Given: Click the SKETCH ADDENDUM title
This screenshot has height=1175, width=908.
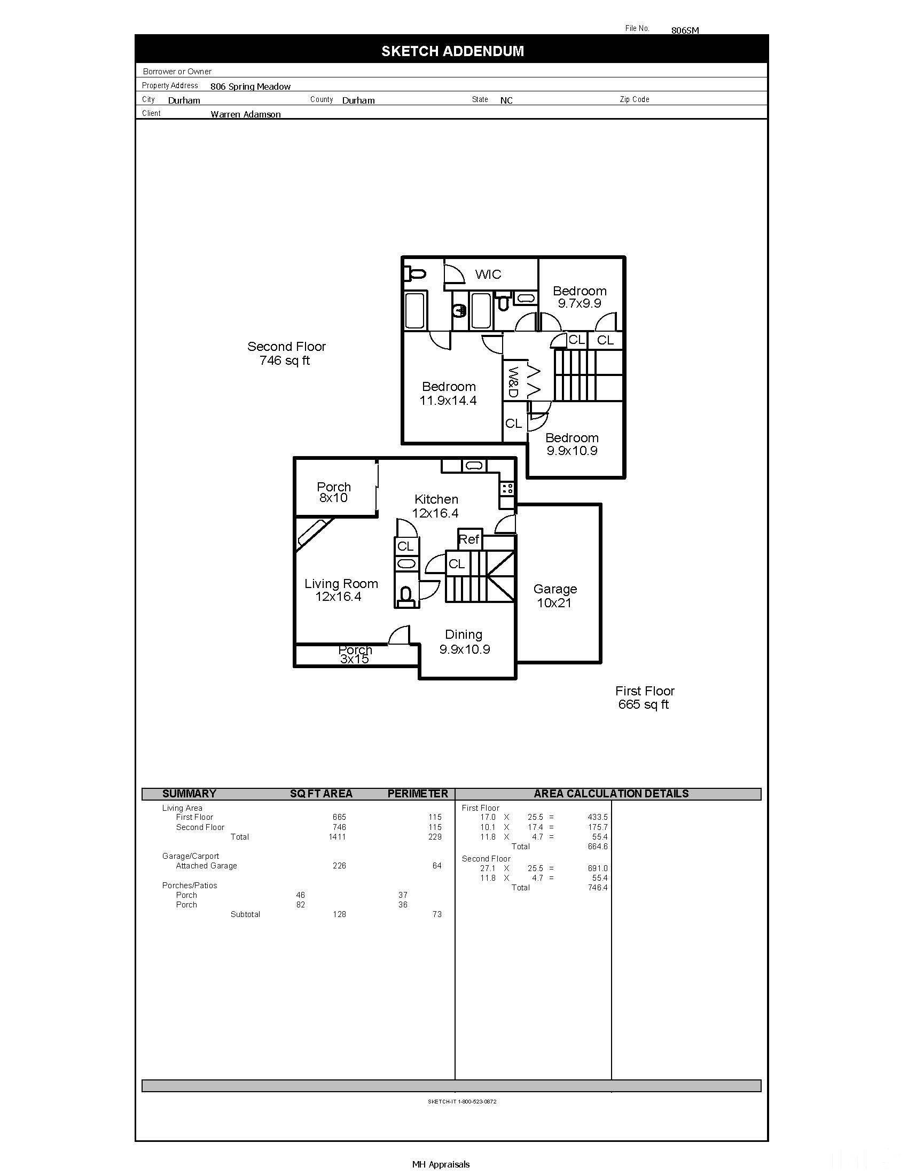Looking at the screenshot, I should [x=452, y=51].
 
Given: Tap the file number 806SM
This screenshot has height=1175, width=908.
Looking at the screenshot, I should [x=685, y=30].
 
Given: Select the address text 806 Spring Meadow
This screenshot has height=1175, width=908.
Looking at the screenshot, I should [x=250, y=87].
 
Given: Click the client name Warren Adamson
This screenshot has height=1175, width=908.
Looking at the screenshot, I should [x=245, y=114].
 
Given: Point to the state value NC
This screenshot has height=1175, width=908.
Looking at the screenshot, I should [x=506, y=100].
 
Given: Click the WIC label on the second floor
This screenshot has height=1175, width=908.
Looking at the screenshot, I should [x=488, y=275].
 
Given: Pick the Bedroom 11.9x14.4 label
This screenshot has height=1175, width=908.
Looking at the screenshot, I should [x=448, y=393].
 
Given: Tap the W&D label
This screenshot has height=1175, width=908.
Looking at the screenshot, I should [x=513, y=382].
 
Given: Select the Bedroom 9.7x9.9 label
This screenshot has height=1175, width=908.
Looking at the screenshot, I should [x=580, y=297].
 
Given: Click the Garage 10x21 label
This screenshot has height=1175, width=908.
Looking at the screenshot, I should [x=554, y=596].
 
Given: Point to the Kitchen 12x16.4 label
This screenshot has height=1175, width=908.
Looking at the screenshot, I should [x=436, y=506].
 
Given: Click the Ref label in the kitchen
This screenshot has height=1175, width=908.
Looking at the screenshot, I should [x=468, y=539].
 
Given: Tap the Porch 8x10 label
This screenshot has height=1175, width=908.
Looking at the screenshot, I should [x=333, y=492].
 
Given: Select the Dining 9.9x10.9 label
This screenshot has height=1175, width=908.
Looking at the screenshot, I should [x=464, y=641].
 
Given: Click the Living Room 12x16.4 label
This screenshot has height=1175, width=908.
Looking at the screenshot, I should [x=341, y=590].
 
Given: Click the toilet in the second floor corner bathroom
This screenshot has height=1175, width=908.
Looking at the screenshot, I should [x=415, y=274].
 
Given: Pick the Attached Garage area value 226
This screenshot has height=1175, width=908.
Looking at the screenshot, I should [x=339, y=866].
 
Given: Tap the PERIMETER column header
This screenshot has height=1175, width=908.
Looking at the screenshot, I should [x=418, y=794].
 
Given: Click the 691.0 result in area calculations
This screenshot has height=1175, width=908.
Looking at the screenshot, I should [x=597, y=868].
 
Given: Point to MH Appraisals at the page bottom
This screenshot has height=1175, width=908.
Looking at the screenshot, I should [x=441, y=1164].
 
